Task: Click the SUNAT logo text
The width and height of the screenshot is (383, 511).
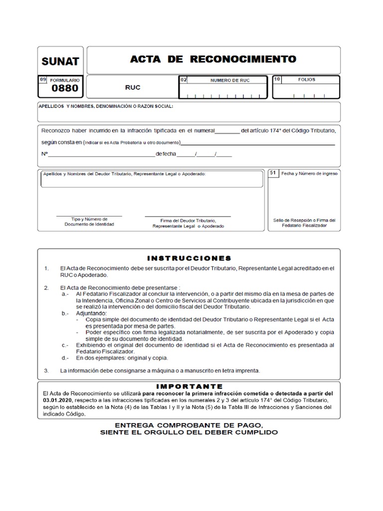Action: pos(60,62)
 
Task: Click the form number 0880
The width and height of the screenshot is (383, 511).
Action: pos(65,89)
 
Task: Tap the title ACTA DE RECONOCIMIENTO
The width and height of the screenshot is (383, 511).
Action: pos(213,59)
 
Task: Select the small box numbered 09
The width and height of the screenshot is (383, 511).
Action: pos(42,79)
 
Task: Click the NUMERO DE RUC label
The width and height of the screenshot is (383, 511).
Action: pos(230,80)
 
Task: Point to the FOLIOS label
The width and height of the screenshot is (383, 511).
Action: pos(307,79)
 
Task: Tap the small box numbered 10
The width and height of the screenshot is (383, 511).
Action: pos(278,79)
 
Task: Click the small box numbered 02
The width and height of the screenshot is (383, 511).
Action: pos(183,80)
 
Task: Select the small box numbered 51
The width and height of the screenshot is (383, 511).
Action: pos(273,173)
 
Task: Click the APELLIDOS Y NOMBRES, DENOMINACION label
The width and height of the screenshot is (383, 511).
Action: pos(106,106)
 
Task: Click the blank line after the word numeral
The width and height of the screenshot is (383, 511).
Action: pos(227,132)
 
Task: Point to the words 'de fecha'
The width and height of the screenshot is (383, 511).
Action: pos(166,154)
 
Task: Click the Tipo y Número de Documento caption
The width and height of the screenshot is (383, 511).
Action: pos(89,222)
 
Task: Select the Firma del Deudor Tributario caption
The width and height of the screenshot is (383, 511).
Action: pos(188,223)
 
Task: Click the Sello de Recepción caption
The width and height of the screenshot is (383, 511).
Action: pos(304,223)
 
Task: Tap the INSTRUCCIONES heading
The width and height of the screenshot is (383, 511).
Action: pos(189,258)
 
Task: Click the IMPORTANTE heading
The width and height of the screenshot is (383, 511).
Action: pos(189,386)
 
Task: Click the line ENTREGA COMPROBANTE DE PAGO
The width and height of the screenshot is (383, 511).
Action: pos(189,424)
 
